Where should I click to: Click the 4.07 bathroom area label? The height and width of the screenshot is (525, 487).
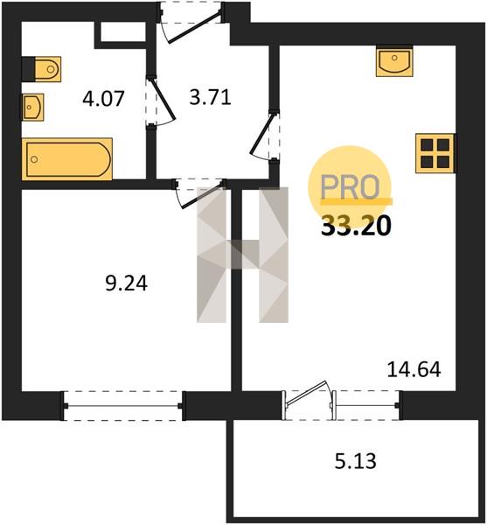103,99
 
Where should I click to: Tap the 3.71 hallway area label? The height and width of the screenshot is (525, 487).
210,98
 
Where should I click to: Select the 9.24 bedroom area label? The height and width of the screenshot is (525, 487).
127,283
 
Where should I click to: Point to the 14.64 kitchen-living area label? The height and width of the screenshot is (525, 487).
414,370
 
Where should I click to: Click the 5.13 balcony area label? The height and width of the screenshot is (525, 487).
356,461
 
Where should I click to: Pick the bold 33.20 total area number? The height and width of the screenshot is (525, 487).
356,226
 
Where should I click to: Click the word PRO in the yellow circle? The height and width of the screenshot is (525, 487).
351,187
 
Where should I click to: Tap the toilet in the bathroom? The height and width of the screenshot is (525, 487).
41,69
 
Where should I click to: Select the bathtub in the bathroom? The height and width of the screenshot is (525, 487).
67,159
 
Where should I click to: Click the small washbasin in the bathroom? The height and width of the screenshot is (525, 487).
32,107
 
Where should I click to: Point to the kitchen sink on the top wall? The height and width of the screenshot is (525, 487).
394,61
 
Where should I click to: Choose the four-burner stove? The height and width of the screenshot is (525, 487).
435,153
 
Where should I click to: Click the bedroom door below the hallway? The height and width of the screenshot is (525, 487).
199,194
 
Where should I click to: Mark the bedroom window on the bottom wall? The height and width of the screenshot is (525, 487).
123,406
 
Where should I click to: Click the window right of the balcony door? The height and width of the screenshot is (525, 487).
366,405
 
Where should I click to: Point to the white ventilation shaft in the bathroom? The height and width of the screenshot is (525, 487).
122,32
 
